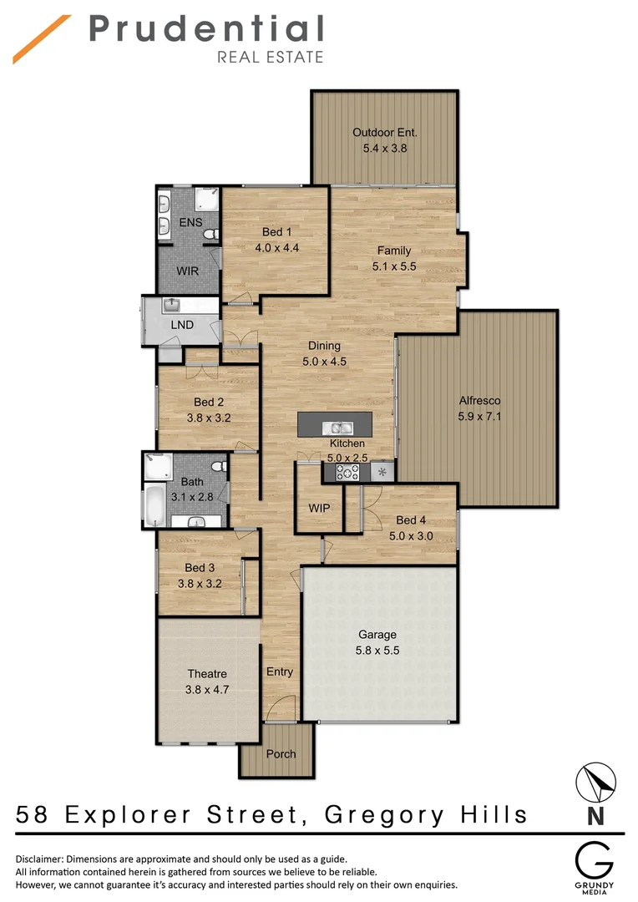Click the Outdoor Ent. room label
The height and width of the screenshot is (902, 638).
click(x=384, y=132)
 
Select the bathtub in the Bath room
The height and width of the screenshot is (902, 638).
click(x=156, y=505)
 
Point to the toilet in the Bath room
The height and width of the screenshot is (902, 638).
click(x=219, y=466)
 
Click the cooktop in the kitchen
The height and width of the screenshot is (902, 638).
click(x=347, y=473)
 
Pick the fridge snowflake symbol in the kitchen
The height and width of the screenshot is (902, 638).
click(x=382, y=473)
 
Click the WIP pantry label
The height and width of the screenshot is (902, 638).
click(x=319, y=507)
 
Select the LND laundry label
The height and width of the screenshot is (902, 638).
click(x=182, y=324)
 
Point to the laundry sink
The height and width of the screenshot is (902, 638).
click(x=174, y=304)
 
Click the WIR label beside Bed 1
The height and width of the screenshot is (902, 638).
click(x=187, y=271)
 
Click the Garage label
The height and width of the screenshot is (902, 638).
click(x=377, y=635)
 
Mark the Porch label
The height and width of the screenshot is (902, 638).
click(x=281, y=753)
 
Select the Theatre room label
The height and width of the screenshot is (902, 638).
click(x=207, y=674)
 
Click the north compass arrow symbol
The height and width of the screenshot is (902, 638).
click(x=597, y=783)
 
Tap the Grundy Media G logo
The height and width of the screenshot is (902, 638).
click(x=596, y=859)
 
